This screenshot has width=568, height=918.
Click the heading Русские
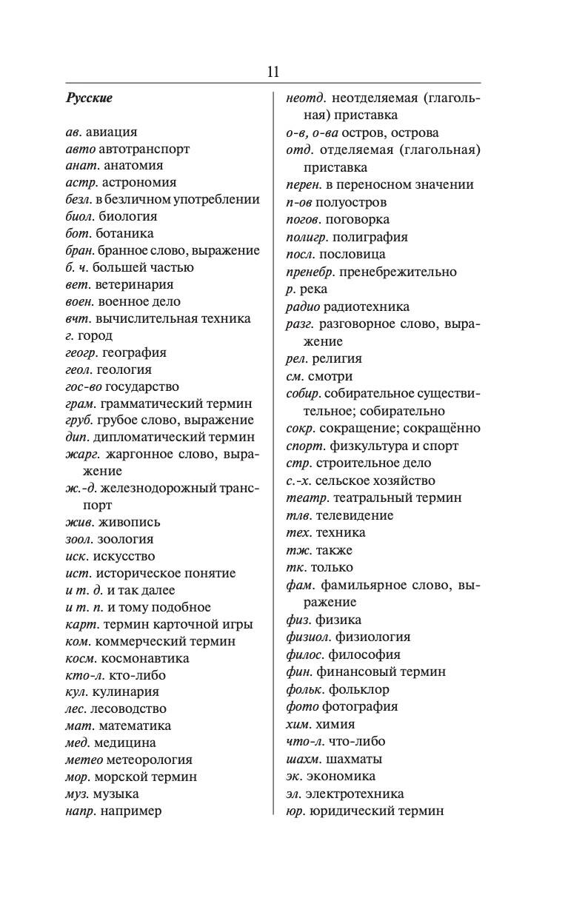(x=89, y=98)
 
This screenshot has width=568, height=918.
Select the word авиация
(x=111, y=132)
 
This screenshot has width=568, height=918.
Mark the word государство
(x=142, y=387)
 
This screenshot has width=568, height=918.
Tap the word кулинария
(x=125, y=692)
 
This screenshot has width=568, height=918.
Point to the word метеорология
(x=149, y=760)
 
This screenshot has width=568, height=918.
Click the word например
(x=131, y=811)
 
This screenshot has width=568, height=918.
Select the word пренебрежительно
(x=398, y=272)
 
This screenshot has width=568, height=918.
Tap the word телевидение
(x=355, y=515)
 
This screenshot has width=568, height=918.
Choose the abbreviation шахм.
(x=303, y=760)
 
